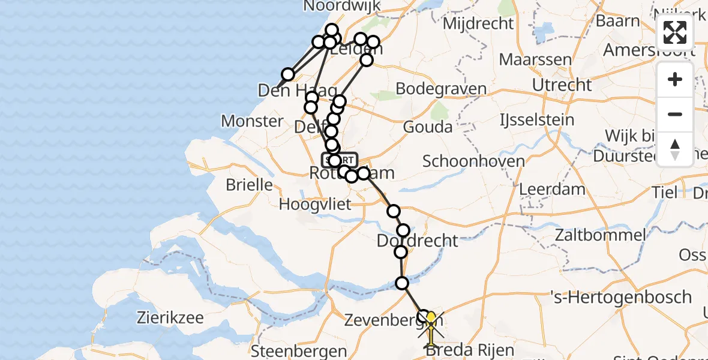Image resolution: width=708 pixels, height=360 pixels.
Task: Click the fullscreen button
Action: point(675,32)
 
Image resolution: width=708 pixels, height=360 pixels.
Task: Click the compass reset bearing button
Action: point(675,148)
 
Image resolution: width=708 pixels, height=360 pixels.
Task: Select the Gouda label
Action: point(427,127)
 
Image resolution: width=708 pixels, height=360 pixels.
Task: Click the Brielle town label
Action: point(249,184)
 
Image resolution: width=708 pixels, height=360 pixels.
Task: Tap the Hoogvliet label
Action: point(315,204)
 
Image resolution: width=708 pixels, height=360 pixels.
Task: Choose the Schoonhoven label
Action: point(473,161)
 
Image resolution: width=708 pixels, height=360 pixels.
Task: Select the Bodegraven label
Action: point(441,89)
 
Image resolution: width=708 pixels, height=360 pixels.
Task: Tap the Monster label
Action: point(252,121)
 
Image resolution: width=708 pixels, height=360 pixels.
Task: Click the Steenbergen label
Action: point(299,351)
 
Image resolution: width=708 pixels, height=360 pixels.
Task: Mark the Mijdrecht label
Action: point(478,23)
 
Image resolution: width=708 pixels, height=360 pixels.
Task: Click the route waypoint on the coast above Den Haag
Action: point(288,74)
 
